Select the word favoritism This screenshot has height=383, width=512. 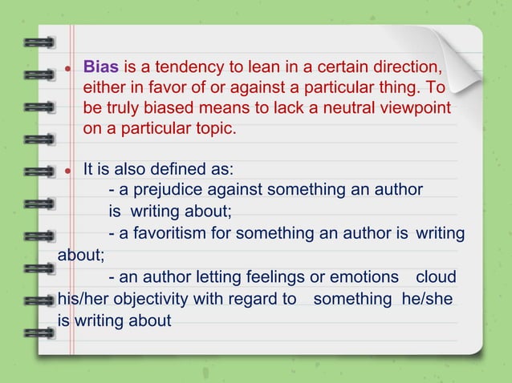coord(172,233)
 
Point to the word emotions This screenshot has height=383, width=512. coord(362,277)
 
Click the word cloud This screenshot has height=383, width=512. coord(436,277)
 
